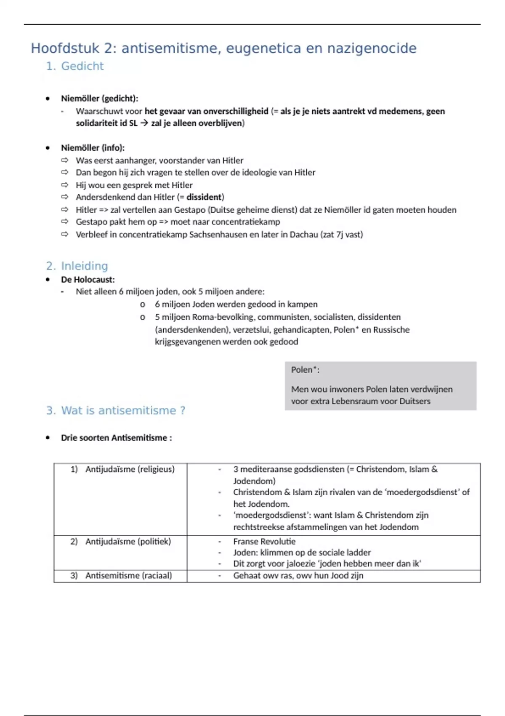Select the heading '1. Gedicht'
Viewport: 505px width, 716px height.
tap(75, 66)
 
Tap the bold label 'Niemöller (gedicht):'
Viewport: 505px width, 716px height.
tap(99, 99)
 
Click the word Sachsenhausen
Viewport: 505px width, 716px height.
tap(218, 235)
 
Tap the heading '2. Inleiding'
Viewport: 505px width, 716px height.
tap(77, 266)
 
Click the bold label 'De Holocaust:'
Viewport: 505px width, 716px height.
tap(88, 280)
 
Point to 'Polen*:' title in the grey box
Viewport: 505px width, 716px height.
tap(305, 370)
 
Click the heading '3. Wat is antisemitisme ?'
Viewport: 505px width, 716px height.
tap(116, 410)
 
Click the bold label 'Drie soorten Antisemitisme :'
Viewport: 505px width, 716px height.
tap(116, 438)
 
